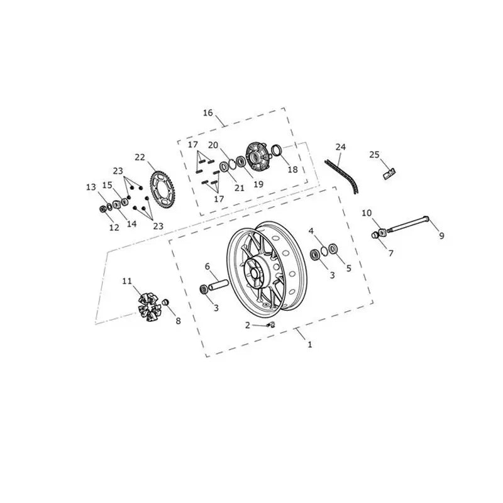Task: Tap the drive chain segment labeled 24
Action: point(342,177)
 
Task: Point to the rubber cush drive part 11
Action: point(149,307)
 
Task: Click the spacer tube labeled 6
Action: point(218,285)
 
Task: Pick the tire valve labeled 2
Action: point(270,324)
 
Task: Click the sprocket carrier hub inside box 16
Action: point(258,158)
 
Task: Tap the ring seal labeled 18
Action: point(277,150)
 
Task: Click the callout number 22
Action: point(140,157)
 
